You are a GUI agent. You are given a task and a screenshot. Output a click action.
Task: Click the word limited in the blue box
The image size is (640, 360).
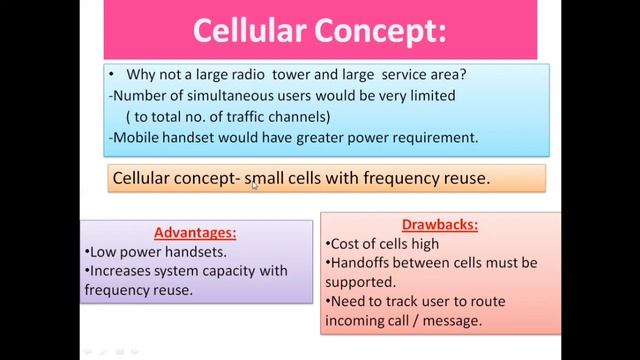(x=428, y=96)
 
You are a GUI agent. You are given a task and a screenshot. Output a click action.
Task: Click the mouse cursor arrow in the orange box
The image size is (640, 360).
(x=255, y=186)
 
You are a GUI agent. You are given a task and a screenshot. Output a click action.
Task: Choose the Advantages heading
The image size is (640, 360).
(x=196, y=232)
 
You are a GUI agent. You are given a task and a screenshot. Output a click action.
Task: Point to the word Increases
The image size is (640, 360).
(x=126, y=271)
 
